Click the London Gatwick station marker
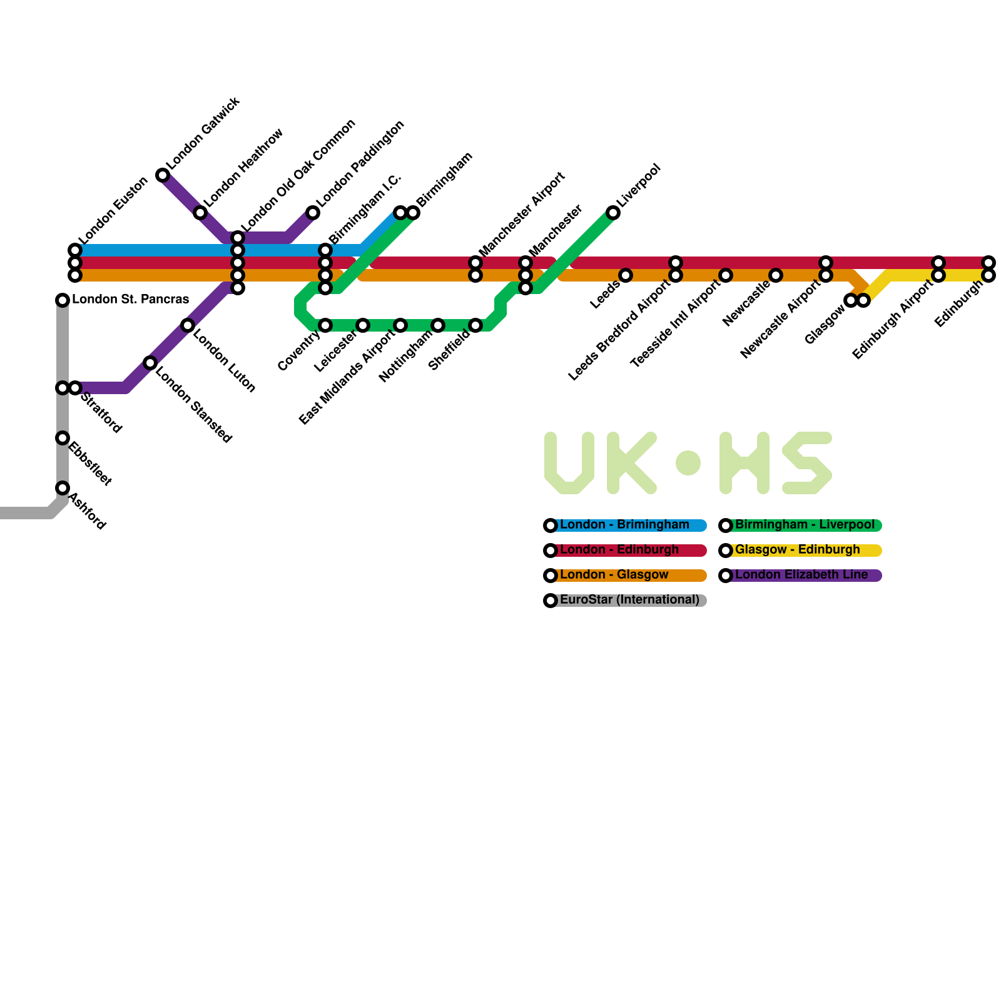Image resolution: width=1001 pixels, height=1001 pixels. [163, 175]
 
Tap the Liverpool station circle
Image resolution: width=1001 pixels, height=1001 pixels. [613, 213]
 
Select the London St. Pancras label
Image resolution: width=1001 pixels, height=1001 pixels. [130, 300]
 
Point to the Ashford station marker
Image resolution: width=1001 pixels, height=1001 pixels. [63, 488]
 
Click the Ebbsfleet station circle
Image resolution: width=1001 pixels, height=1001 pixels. [63, 438]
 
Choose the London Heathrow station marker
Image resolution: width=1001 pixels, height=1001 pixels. [200, 213]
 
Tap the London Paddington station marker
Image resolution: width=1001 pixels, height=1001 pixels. [313, 213]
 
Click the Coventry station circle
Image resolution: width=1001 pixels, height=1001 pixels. [325, 325]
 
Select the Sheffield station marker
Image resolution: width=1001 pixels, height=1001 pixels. [475, 325]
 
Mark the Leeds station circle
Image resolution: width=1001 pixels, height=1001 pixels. [626, 275]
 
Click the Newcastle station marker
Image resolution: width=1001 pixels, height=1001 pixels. [776, 275]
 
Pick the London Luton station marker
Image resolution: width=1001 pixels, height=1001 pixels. [188, 325]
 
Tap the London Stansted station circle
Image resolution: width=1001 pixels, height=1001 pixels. [150, 363]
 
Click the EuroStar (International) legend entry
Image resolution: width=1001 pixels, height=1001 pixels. [629, 600]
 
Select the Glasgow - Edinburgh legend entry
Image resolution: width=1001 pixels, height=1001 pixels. [798, 550]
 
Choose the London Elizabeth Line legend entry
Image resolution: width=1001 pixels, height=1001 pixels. [801, 575]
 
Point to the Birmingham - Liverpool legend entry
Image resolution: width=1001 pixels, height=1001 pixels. [805, 525]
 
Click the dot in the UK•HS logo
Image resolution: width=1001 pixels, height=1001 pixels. [688, 463]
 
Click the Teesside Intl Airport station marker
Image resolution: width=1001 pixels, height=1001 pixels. [726, 275]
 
